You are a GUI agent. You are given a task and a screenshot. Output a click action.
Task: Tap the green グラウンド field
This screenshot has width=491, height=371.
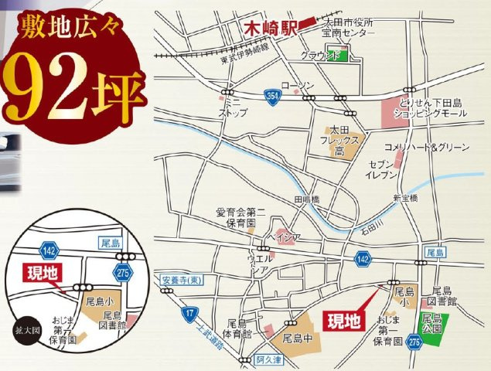336,56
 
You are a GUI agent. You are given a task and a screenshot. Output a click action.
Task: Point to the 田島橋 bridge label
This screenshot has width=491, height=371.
305,199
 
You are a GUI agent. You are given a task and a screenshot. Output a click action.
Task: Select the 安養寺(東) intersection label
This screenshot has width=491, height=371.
182,279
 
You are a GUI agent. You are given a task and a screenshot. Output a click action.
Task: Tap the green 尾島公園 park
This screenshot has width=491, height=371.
431,323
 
